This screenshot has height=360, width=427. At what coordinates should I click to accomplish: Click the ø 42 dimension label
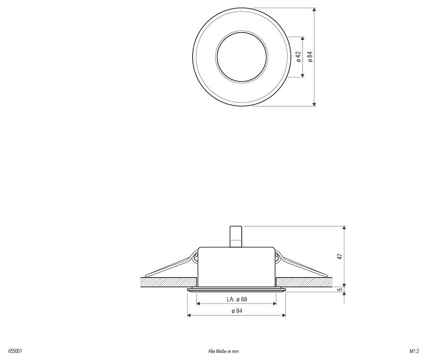298,56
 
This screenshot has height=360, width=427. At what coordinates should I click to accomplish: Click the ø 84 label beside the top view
310,56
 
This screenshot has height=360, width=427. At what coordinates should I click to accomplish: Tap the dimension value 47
340,256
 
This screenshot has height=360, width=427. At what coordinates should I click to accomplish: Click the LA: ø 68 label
237,299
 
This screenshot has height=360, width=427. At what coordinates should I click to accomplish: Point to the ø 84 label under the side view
237,311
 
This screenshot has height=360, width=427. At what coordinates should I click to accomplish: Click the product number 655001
15,351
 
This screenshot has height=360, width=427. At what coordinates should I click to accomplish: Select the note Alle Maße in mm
224,351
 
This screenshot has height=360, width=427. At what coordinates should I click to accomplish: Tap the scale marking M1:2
414,351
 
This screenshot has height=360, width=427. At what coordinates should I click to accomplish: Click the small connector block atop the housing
236,236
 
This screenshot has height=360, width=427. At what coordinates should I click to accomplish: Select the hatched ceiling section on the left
167,282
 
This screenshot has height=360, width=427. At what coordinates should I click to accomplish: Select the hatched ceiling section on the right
305,282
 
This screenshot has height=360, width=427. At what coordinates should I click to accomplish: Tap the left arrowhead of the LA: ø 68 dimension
198,304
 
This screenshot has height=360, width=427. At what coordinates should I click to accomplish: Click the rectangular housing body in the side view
236,266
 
